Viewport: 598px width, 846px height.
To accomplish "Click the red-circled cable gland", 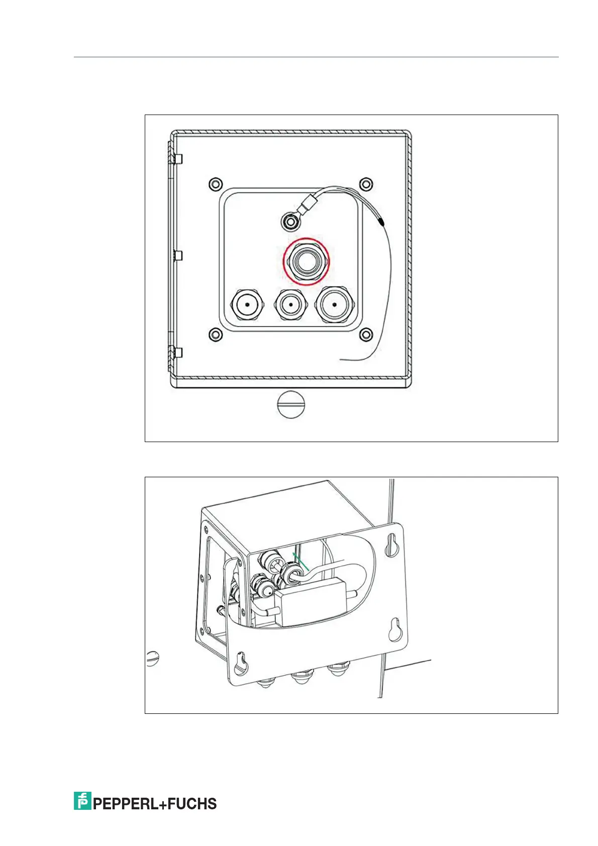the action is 306,261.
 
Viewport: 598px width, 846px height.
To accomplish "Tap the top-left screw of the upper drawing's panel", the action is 215,183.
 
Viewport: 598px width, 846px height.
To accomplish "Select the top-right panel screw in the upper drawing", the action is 367,183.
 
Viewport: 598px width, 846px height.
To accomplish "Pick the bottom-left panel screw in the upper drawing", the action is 215,334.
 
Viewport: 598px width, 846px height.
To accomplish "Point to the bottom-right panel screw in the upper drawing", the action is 367,334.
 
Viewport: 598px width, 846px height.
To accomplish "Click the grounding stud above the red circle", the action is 290,220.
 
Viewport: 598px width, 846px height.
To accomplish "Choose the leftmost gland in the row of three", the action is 247,305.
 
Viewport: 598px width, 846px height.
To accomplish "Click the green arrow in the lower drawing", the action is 301,562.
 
